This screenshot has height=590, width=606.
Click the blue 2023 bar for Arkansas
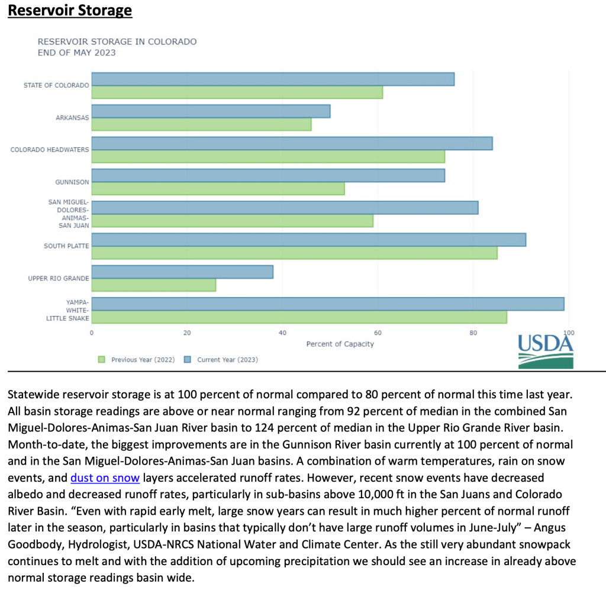click(211, 111)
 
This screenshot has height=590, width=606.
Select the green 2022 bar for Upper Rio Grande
click(154, 285)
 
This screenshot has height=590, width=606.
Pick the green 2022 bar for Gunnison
click(218, 189)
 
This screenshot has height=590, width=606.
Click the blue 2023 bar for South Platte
click(308, 240)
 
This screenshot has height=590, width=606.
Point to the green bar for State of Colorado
click(237, 92)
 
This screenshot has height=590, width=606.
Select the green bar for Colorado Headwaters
click(268, 156)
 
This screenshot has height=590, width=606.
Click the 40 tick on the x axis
click(282, 333)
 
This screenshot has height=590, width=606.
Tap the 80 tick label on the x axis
click(473, 333)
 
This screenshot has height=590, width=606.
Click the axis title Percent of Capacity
click(340, 344)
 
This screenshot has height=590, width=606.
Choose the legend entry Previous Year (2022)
click(141, 359)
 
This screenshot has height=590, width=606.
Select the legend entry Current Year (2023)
click(227, 359)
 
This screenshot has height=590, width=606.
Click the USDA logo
click(546, 351)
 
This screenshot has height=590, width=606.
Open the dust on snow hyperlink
click(105, 478)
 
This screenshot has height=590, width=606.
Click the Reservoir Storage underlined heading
click(70, 11)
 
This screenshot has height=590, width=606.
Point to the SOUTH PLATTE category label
click(66, 246)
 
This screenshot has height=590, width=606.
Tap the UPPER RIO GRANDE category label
click(59, 278)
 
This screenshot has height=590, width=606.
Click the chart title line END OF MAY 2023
click(76, 53)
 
